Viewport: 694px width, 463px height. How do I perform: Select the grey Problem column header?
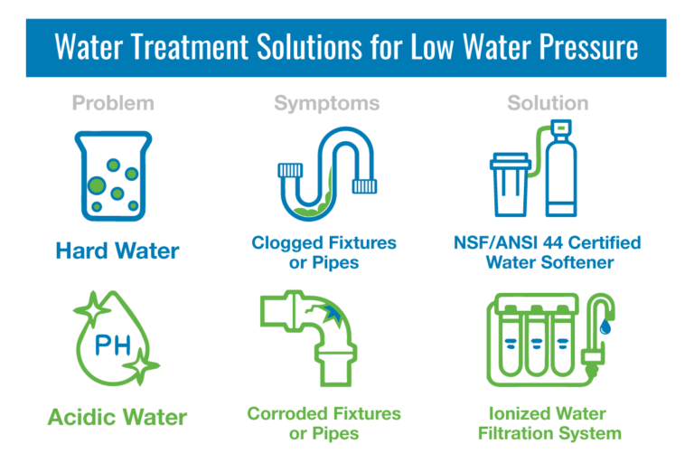(113, 104)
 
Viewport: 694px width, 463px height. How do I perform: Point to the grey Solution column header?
(548, 104)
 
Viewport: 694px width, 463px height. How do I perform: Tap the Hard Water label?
(117, 250)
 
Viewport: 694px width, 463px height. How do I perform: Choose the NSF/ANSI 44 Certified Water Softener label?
(548, 252)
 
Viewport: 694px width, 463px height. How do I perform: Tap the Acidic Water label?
(117, 418)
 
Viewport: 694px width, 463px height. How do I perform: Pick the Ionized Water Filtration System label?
(548, 423)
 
